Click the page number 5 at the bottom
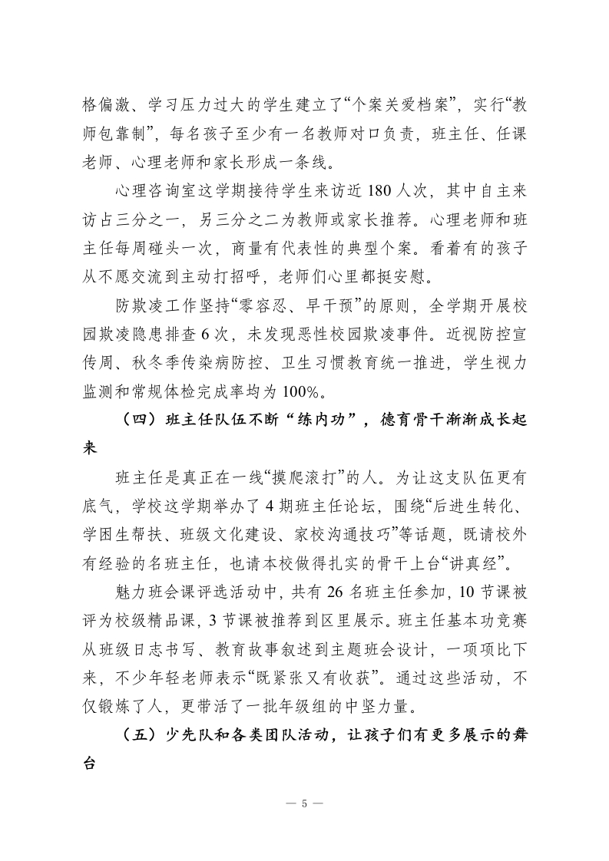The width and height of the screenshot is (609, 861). [x=304, y=803]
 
